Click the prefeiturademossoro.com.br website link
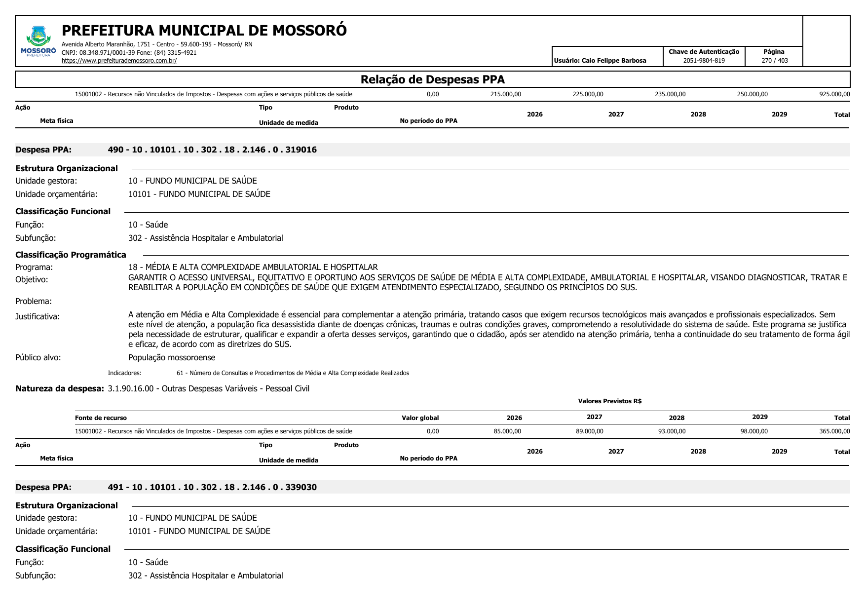(x=119, y=61)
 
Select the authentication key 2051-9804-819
(x=704, y=61)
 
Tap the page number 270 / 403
(x=774, y=61)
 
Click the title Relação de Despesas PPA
(x=432, y=79)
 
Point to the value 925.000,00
(x=834, y=94)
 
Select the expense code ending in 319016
(x=212, y=150)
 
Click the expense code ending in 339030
(x=212, y=487)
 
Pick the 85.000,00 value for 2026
(x=507, y=431)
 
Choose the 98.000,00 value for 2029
(x=753, y=431)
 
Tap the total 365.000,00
(x=834, y=431)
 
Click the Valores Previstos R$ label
(x=609, y=401)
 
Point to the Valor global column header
(x=420, y=418)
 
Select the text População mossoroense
(x=172, y=357)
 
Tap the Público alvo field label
(x=38, y=357)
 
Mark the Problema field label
(x=34, y=301)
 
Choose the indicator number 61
(x=180, y=373)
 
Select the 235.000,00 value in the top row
(x=670, y=94)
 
